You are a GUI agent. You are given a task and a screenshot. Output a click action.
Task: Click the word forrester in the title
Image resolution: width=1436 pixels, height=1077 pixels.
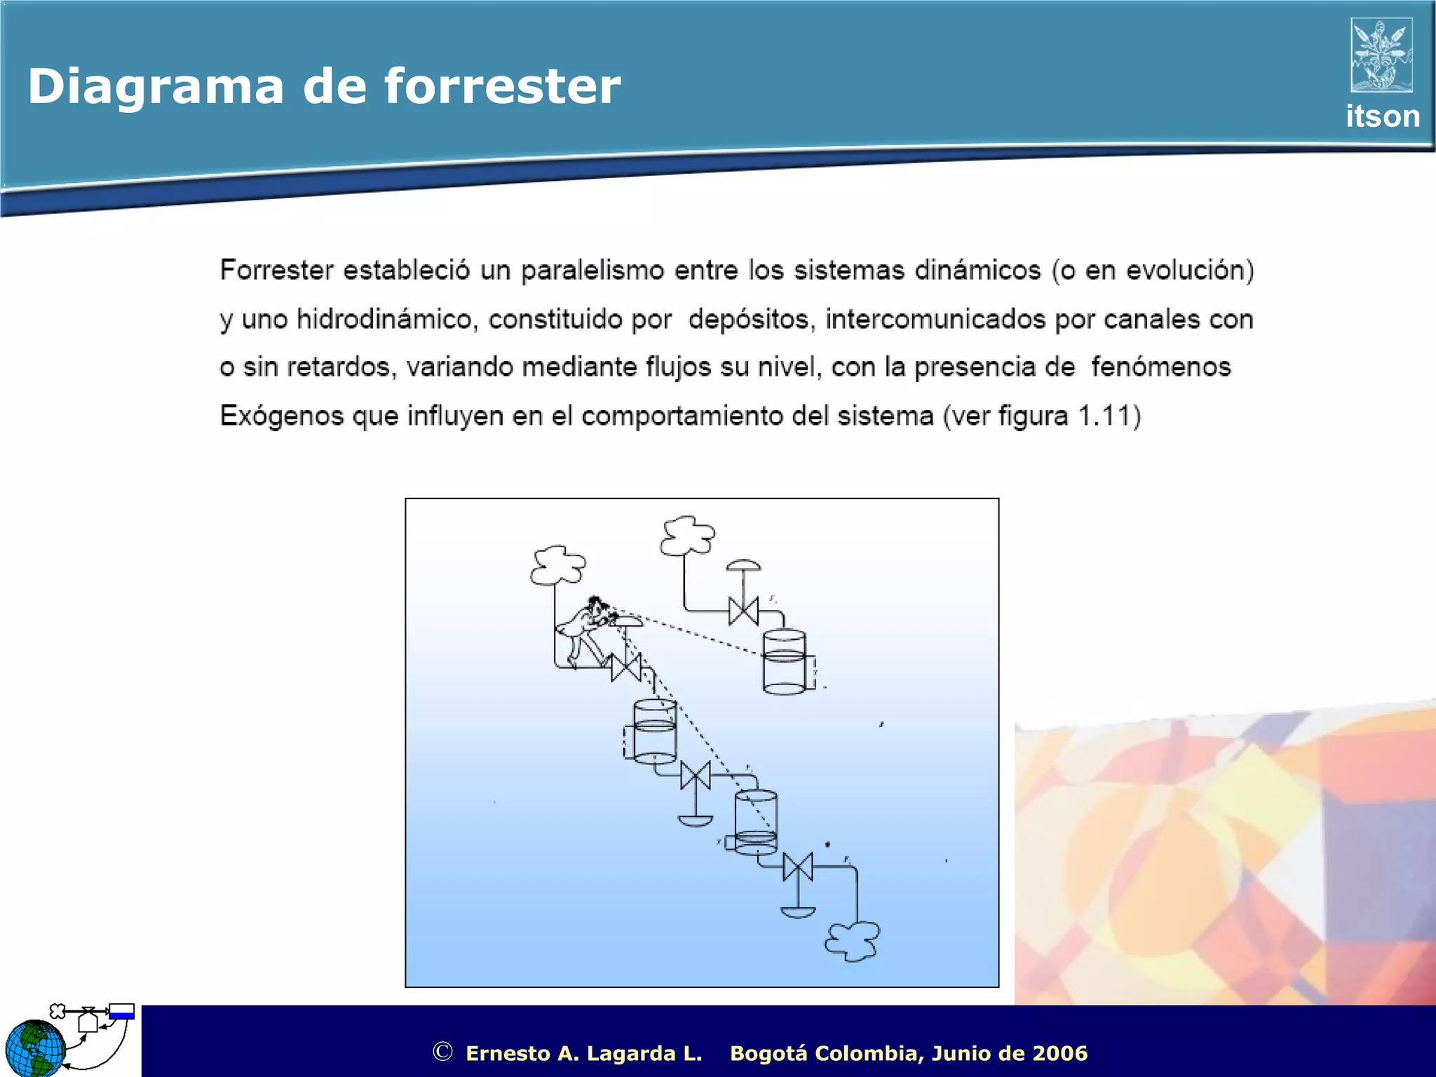(x=502, y=87)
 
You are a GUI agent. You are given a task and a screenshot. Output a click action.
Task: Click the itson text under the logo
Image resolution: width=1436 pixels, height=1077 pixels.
(x=1382, y=116)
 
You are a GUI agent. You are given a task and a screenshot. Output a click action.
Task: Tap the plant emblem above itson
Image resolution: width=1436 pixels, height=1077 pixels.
(x=1381, y=55)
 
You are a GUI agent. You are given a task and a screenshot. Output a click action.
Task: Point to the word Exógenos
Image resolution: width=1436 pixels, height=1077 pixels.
(x=282, y=416)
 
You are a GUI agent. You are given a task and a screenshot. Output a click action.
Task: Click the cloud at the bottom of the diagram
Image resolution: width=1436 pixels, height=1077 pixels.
(x=853, y=941)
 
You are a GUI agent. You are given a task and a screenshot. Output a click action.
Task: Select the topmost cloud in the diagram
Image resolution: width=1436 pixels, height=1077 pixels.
(x=687, y=536)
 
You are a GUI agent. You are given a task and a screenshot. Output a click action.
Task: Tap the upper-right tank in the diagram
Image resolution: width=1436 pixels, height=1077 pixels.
(x=784, y=662)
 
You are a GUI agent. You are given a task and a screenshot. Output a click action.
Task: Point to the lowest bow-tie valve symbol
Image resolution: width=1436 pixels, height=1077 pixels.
(x=798, y=867)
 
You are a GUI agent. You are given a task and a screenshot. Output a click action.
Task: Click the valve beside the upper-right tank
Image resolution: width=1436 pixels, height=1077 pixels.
(x=743, y=611)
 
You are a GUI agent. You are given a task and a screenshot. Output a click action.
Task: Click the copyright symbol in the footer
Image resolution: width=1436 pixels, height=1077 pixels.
(x=442, y=1052)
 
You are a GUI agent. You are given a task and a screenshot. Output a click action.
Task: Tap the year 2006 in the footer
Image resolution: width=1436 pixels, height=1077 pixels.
(x=1059, y=1053)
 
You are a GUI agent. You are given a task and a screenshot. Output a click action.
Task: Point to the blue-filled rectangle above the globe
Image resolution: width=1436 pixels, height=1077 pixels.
(x=122, y=1012)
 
